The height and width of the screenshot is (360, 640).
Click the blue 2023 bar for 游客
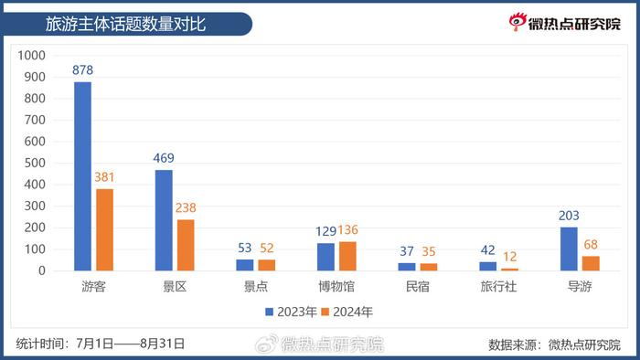[x=82, y=176]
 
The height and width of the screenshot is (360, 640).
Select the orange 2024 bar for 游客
[x=104, y=229]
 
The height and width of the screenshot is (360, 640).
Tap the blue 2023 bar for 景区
[x=163, y=220]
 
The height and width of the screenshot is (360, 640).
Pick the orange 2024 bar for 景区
[x=186, y=245]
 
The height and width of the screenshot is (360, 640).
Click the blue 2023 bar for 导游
[x=568, y=249]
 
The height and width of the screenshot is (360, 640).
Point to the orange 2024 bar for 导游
[x=591, y=263]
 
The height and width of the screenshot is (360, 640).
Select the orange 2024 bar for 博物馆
[x=347, y=256]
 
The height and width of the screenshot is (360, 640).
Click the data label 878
[x=83, y=69]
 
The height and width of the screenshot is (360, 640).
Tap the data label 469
[x=164, y=158]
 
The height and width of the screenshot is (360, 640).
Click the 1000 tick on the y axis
[x=32, y=55]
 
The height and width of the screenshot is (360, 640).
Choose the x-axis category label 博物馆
[x=336, y=287]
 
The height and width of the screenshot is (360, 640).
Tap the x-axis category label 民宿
[x=417, y=287]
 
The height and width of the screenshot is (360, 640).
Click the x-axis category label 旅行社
[x=498, y=287]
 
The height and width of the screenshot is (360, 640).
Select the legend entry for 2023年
[x=292, y=312]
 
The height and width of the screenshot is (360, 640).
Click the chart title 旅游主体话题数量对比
[x=125, y=24]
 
